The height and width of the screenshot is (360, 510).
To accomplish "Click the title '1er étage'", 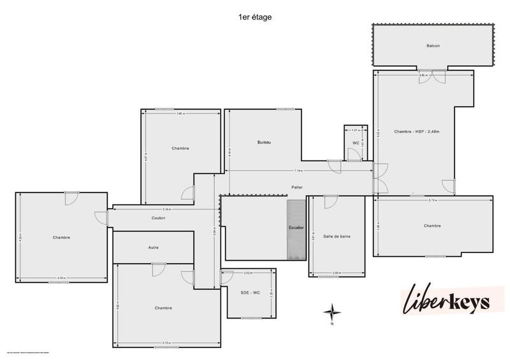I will [x=255, y=17].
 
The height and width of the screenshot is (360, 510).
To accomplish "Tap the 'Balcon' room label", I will [x=433, y=46].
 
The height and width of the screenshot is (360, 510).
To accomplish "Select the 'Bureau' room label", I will [x=265, y=142].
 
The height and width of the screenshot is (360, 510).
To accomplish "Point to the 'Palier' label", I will [x=294, y=188].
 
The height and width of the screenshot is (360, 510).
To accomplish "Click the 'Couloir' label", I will [x=159, y=218].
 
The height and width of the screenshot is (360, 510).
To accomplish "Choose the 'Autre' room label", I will [x=153, y=247].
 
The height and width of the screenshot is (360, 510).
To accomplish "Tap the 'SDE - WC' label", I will [x=249, y=292].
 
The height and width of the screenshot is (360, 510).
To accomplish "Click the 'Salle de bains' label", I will [x=337, y=236].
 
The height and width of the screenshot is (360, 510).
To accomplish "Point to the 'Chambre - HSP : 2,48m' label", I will [x=418, y=131].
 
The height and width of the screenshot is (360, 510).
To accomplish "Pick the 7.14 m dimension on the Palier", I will [x=298, y=171].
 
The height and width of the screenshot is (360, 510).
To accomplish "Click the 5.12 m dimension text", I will [x=433, y=200].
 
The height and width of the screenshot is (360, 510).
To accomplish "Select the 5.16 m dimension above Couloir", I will [x=166, y=209].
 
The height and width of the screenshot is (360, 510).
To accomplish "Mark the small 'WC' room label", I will [x=356, y=143].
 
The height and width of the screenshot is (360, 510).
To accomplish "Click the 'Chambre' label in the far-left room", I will [x=61, y=238].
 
